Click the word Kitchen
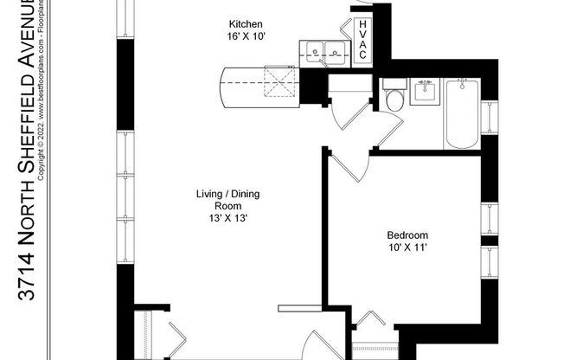pos(246,23)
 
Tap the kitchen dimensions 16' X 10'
pos(246,36)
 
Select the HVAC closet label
pos(363,41)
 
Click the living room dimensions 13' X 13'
pos(228,219)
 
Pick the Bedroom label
pos(407,235)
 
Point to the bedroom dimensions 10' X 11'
pos(407,248)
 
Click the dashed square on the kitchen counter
pos(279,83)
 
